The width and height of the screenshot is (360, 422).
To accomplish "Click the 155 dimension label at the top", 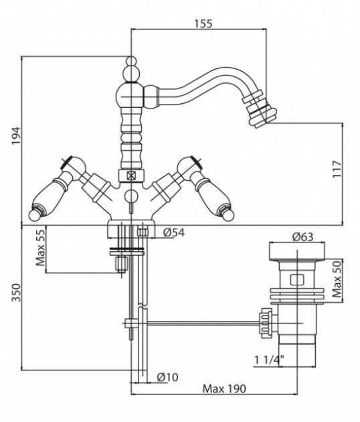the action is [203, 23].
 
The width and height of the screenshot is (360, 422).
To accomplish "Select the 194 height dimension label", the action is [16, 135].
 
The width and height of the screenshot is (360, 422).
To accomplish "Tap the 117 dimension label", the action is [337, 169].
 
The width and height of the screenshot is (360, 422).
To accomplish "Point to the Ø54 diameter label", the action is [174, 232].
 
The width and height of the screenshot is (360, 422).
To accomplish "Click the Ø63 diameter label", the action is [302, 237].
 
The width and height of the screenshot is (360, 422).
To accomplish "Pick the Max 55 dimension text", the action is [40, 248].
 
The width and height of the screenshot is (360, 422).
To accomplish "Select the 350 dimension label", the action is [16, 293].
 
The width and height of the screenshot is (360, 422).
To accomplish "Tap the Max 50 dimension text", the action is [337, 279].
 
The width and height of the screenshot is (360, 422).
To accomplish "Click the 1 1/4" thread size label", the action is [270, 360].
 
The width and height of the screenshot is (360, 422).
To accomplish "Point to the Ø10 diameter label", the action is [167, 377].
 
